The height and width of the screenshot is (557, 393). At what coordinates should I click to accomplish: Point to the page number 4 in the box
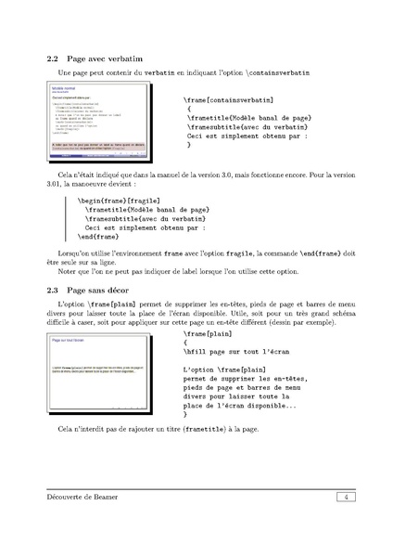click(x=344, y=499)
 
